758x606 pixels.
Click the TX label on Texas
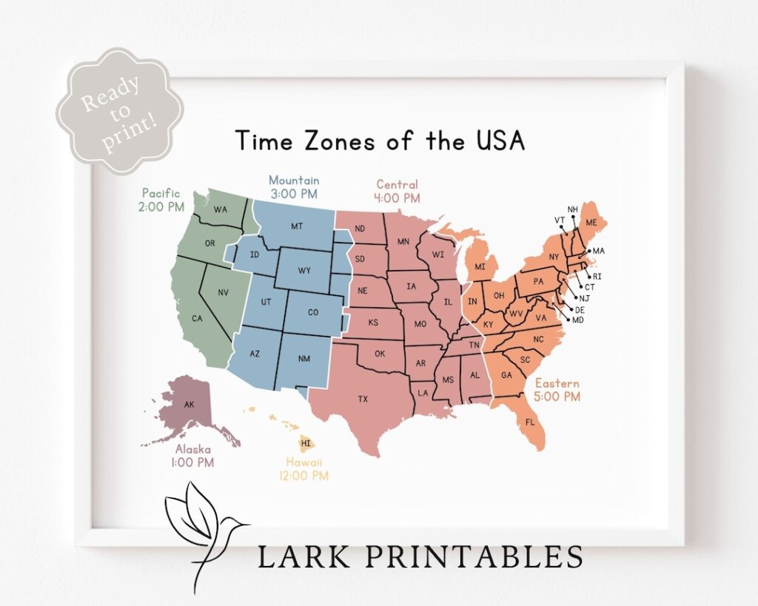tap(363, 400)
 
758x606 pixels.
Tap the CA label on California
tap(197, 319)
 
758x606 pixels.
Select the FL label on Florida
tap(530, 422)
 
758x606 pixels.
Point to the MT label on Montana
tap(297, 226)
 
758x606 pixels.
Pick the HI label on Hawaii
tap(306, 443)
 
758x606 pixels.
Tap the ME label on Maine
tap(591, 222)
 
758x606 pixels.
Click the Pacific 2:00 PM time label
tap(161, 201)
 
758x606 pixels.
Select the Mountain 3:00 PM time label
tap(294, 187)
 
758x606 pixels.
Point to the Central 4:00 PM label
tap(397, 192)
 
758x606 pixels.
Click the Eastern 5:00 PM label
tap(557, 390)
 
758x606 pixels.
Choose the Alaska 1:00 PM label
tap(193, 456)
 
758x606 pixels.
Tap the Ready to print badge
tap(119, 111)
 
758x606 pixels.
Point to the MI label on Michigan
tap(480, 266)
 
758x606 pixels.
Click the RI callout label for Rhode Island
tap(597, 276)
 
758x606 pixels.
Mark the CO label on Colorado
tap(313, 312)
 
